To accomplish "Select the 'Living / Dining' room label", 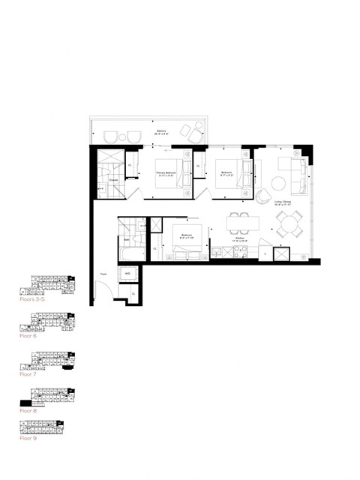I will pyautogui.click(x=283, y=202).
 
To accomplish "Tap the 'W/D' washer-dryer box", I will pyautogui.click(x=127, y=274).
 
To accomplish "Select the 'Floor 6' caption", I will pyautogui.click(x=28, y=336).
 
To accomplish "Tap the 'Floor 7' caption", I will pyautogui.click(x=28, y=373).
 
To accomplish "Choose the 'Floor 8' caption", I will pyautogui.click(x=28, y=411).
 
